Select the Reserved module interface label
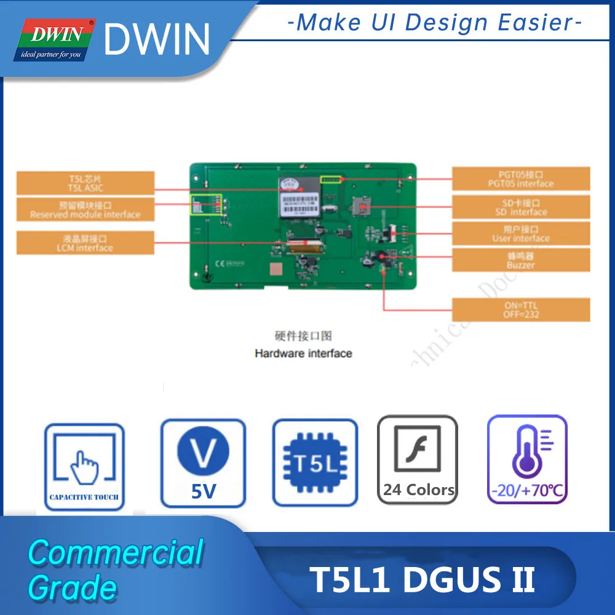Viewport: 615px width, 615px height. coord(85,210)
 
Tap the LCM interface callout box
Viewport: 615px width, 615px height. coord(85,243)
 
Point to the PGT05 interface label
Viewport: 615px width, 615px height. coord(521,178)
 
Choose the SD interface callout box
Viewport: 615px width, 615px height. coord(521,207)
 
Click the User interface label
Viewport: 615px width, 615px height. coord(521,234)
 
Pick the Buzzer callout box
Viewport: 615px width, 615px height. coord(521,260)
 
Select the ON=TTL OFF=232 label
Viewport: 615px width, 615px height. coord(521,310)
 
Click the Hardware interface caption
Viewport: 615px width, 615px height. coord(303,353)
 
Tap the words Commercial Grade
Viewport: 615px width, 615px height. coord(115,569)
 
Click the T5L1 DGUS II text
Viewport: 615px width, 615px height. coord(423,580)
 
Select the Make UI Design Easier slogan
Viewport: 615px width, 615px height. coord(434,23)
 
